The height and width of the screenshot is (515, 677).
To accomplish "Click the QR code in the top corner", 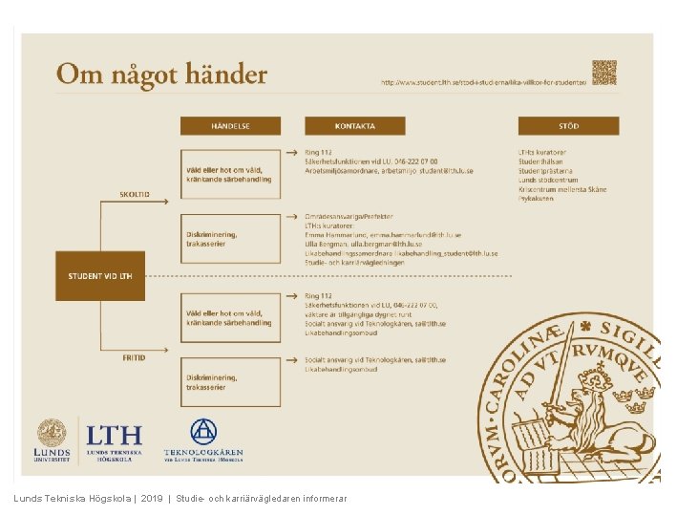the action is (x=603, y=73).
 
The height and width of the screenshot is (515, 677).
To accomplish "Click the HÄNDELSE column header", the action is (x=230, y=125).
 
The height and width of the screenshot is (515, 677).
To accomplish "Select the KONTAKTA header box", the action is (x=355, y=125).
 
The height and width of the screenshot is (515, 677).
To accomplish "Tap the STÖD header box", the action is (x=568, y=125).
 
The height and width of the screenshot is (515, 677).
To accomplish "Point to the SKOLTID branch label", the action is (x=134, y=194).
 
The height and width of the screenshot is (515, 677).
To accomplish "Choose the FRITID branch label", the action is (x=134, y=357).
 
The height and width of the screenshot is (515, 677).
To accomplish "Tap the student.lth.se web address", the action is (x=483, y=82).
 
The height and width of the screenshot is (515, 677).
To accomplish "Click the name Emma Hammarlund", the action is (x=328, y=234).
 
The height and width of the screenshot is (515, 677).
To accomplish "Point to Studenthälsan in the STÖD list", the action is (x=541, y=162).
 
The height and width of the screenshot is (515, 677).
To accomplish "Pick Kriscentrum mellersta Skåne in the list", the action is (x=562, y=189).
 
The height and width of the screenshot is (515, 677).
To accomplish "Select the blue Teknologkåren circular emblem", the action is (x=203, y=432).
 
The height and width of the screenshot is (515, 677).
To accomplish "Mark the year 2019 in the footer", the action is (x=152, y=499).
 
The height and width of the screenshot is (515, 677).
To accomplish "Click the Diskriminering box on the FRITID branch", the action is (x=230, y=381).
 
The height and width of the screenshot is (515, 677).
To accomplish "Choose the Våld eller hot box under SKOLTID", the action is (x=230, y=175).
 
